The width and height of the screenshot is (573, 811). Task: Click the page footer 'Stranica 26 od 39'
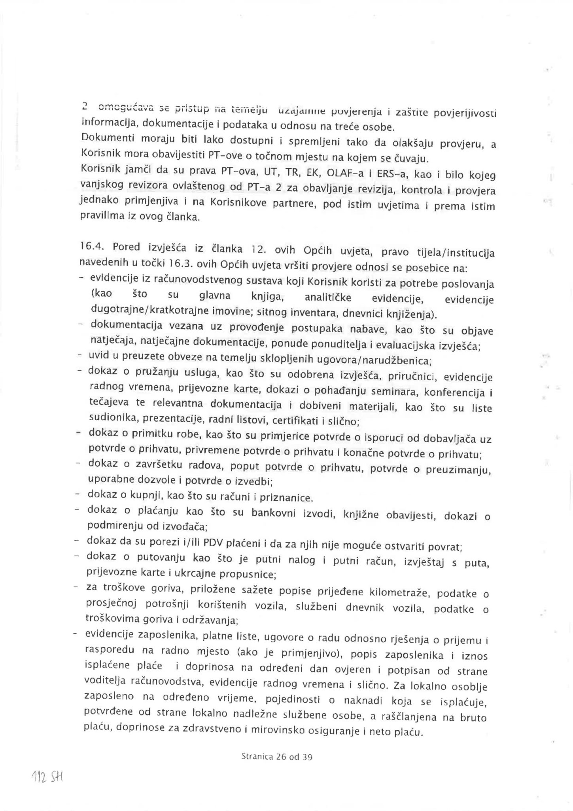pos(277,757)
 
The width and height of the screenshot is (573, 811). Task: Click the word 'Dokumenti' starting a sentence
pos(102,139)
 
